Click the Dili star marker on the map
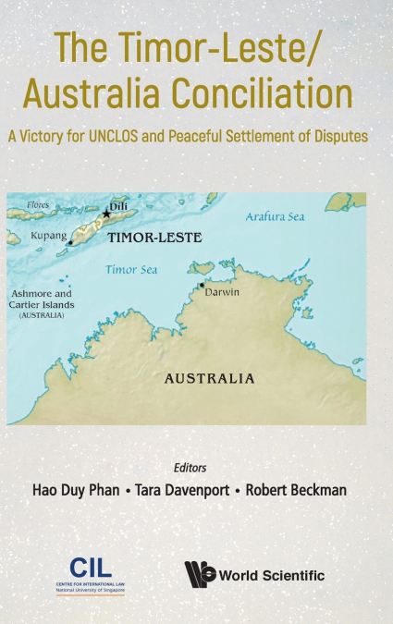coord(107,214)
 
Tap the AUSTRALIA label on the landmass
coord(209,378)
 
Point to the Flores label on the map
coord(38,204)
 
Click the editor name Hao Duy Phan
coord(71,489)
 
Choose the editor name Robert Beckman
coord(296,489)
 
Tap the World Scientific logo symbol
coord(200,574)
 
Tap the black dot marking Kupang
coord(69,242)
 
